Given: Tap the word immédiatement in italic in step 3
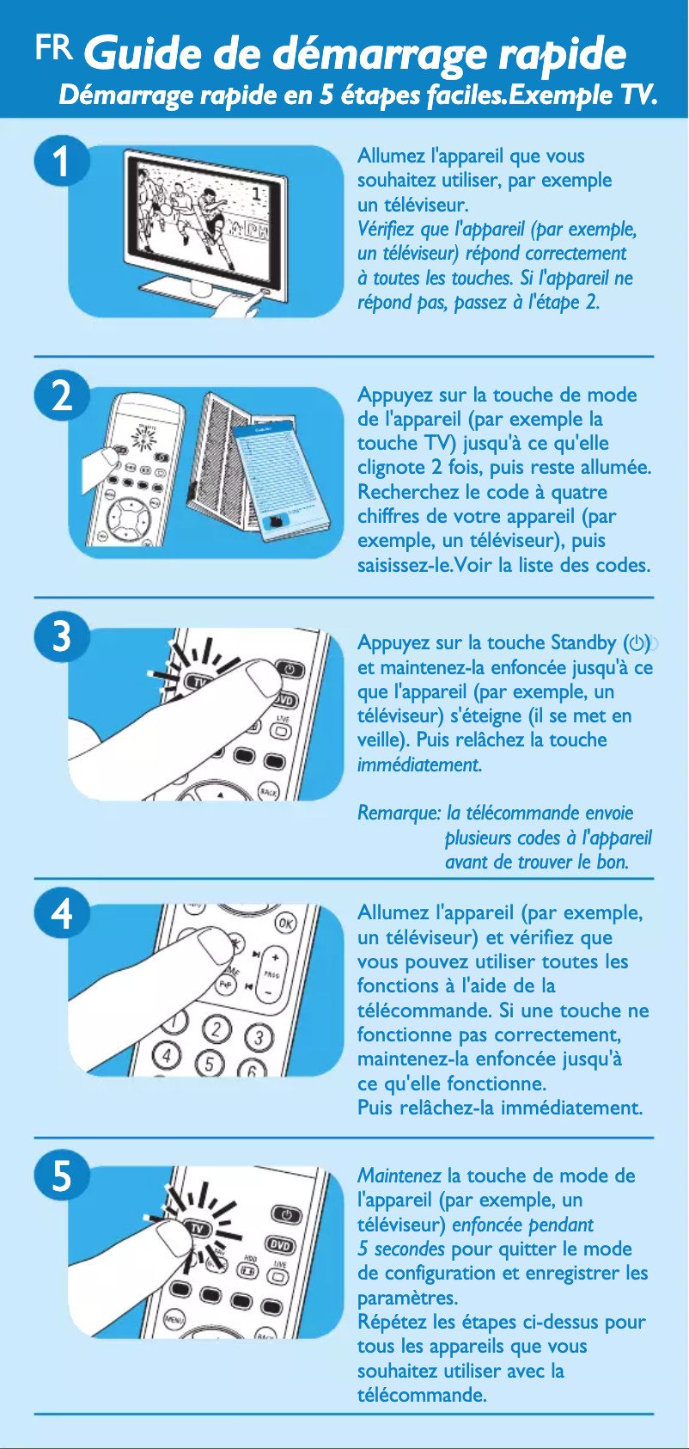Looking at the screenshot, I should point(419,764).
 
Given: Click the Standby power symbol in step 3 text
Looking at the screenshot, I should point(636,642).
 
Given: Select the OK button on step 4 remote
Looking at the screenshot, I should point(285,924).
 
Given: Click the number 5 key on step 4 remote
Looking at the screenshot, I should point(210,1064).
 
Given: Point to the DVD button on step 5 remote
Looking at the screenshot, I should point(281,1245).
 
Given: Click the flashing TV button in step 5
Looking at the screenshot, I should point(199,1228).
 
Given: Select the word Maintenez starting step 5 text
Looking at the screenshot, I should point(399,1176).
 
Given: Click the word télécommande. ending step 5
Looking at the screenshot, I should point(422,1395).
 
